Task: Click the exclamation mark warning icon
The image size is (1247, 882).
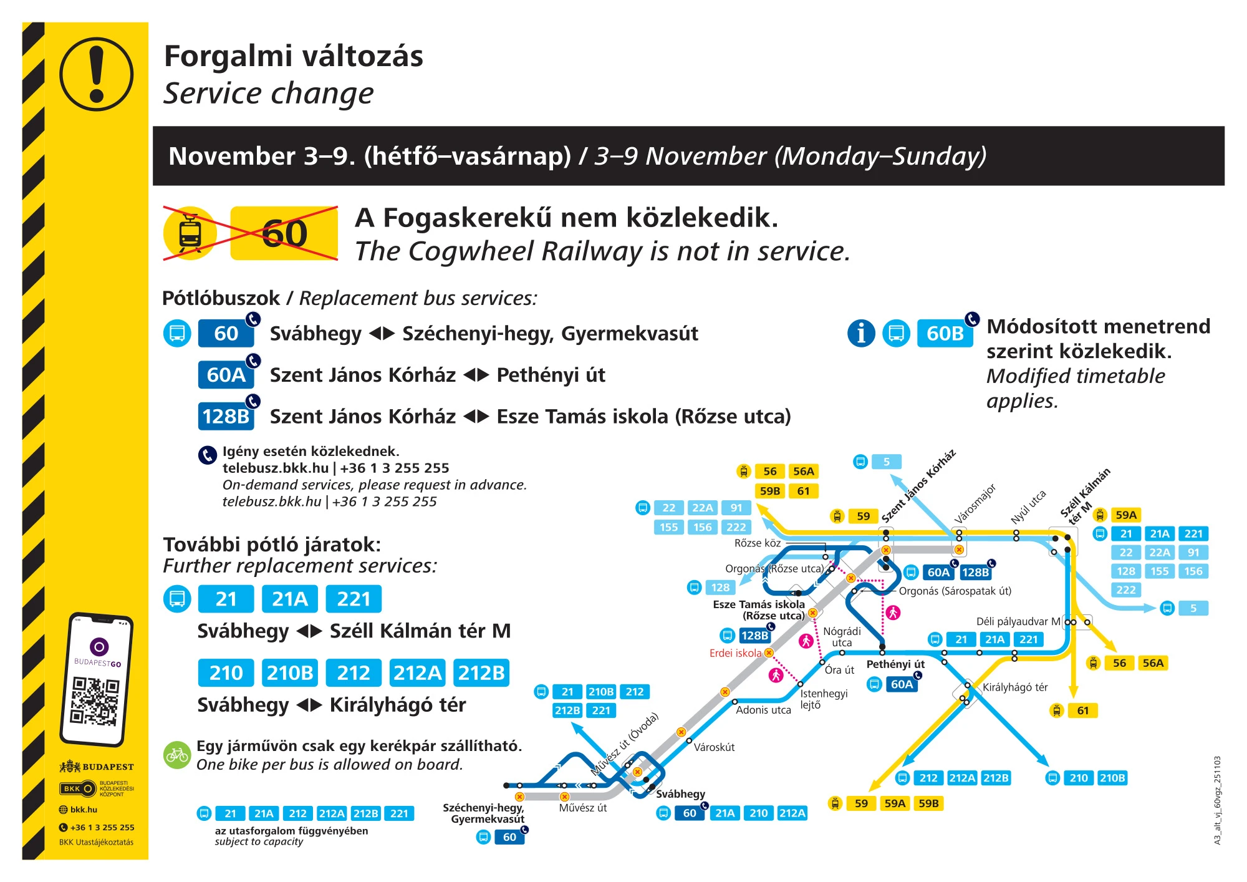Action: coord(96,74)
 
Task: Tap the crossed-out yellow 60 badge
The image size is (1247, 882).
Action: coord(284,233)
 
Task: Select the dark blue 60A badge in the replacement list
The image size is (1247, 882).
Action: coord(226,375)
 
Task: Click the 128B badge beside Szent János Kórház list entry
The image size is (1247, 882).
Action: coord(226,416)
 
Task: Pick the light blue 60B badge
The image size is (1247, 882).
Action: coord(944,334)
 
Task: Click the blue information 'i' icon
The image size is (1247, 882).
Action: coord(861,333)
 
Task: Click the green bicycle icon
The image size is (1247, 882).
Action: coord(176,755)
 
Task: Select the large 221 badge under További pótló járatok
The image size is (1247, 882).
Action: coord(354,599)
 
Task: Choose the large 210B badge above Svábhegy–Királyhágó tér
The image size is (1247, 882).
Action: coord(290,673)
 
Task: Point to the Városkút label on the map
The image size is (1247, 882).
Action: coord(714,747)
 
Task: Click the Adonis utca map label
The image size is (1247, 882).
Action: coord(763,710)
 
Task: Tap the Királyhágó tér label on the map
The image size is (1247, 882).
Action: coord(1015,687)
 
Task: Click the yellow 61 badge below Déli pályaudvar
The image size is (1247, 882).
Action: coord(1082,710)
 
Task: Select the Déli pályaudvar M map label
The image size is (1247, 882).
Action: coord(1018,621)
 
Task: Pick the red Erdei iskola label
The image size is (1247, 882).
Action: coord(735,653)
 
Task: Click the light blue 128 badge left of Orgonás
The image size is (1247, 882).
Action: coord(720,588)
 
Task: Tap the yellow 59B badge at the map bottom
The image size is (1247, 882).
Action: coord(928,803)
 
